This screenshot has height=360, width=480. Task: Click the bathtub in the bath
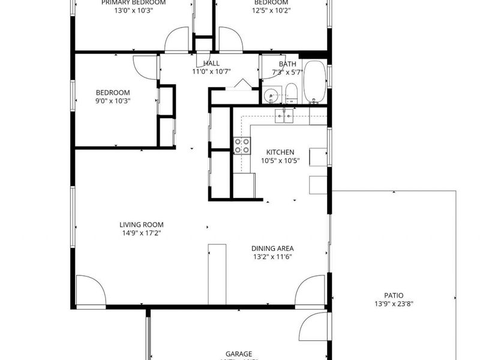tap(315, 82)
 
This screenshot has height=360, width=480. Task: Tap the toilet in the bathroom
tap(291, 94)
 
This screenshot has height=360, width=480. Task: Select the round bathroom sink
tap(272, 95)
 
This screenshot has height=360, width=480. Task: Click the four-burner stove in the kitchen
tap(241, 146)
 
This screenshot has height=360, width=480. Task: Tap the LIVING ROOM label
tap(141, 225)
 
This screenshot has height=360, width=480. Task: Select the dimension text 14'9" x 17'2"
tap(141, 233)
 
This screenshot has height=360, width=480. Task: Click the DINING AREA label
tap(272, 248)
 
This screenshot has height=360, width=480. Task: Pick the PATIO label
tap(394, 295)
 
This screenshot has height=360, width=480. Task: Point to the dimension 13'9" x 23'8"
tap(394, 304)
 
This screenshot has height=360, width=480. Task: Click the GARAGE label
tap(238, 354)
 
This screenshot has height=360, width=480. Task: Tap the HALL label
tap(211, 63)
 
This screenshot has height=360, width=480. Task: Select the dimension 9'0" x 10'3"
tap(113, 101)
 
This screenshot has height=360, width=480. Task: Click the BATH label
tap(287, 64)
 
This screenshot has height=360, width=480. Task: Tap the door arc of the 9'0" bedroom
tap(145, 66)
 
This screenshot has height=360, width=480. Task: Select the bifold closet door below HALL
tap(244, 83)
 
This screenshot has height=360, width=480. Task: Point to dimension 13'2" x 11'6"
tap(272, 257)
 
